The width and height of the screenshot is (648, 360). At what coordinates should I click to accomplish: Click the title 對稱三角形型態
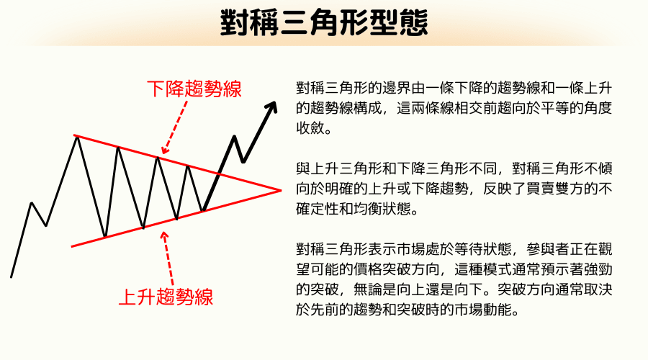pyautogui.click(x=323, y=23)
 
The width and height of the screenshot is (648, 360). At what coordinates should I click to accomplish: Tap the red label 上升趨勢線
pyautogui.click(x=166, y=296)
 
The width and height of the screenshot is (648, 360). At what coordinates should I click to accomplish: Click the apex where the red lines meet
pyautogui.click(x=280, y=190)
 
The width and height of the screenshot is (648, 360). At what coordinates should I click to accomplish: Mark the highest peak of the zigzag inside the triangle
pyautogui.click(x=77, y=136)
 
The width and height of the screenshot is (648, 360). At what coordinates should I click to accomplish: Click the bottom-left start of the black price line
pyautogui.click(x=12, y=276)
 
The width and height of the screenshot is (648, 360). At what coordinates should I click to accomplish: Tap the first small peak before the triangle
pyautogui.click(x=31, y=203)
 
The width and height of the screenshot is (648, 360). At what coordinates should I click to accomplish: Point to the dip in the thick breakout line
pyautogui.click(x=244, y=161)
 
